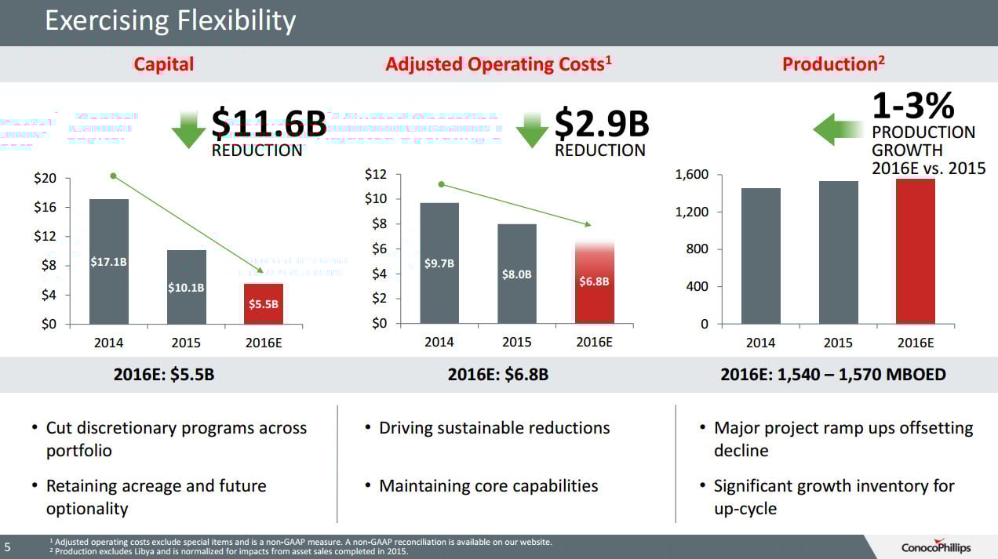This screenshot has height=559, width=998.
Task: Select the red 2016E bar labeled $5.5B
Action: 264,303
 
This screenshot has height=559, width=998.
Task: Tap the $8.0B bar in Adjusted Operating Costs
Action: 517,274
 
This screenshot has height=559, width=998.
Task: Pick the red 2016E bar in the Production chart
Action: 916,251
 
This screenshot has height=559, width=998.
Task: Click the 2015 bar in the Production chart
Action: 839,252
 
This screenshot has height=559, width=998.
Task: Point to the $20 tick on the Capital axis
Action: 45,179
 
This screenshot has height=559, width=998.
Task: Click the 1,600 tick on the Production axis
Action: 692,175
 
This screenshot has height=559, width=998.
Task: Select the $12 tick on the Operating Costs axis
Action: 376,175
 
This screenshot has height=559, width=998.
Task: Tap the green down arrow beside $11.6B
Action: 188,129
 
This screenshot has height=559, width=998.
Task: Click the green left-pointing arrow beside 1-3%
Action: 838,129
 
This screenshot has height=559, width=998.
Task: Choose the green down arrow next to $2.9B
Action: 533,129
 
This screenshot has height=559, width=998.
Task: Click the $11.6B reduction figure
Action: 268,124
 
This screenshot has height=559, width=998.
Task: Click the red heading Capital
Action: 163,64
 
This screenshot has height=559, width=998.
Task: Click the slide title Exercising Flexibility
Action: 170,20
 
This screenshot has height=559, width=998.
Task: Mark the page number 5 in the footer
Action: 7,546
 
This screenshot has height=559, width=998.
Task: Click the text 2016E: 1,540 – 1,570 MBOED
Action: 833,375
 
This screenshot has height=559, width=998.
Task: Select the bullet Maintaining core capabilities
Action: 488,486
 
